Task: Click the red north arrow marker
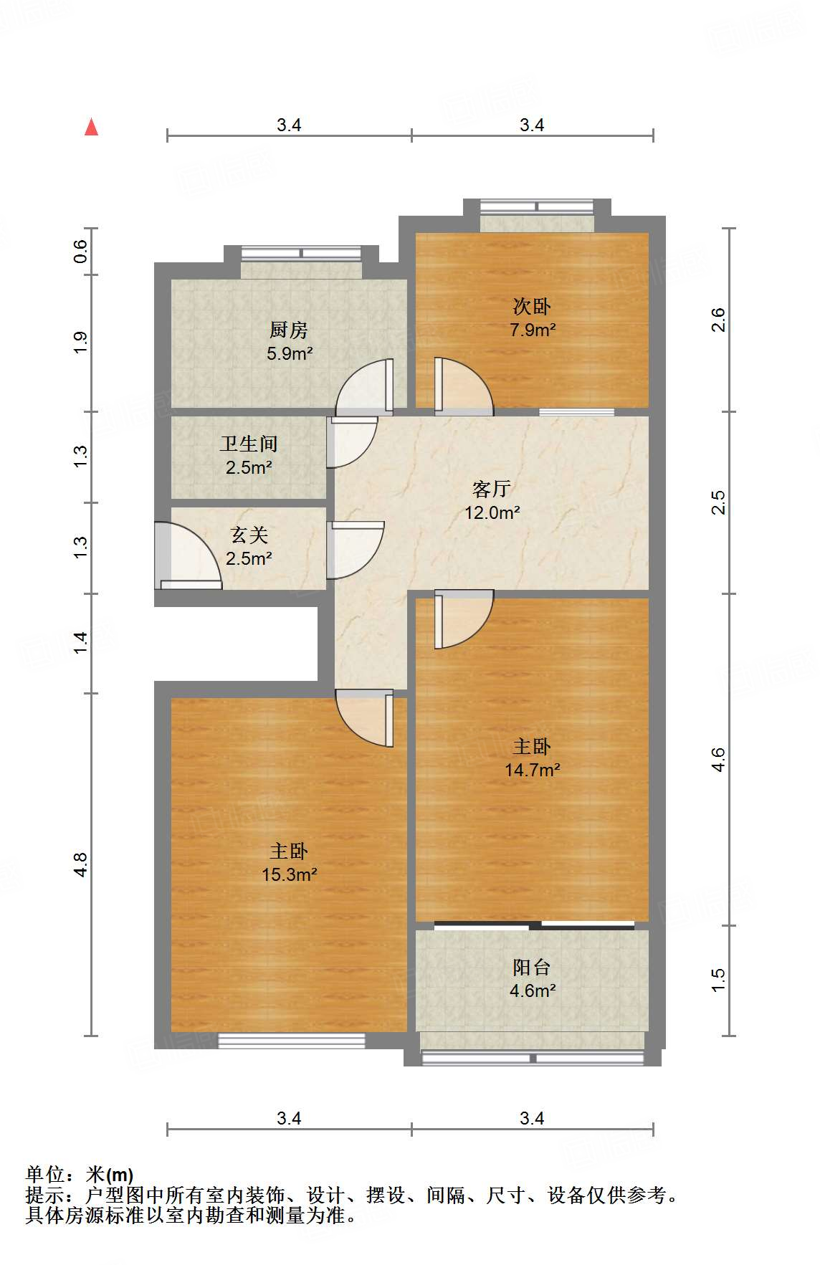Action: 91,127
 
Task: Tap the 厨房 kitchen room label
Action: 289,330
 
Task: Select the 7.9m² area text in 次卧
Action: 533,330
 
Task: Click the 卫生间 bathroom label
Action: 249,444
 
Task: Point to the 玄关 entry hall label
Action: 249,535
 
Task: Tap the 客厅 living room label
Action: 492,489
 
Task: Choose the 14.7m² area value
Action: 532,770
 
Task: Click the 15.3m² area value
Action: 289,875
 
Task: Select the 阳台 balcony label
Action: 532,968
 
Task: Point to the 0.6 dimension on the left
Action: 80,251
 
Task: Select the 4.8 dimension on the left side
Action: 80,864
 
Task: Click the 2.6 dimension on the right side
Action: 718,320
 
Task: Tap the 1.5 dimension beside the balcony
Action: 718,980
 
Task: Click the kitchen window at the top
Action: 301,253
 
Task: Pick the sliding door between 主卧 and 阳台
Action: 534,925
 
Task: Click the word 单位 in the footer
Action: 45,1174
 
